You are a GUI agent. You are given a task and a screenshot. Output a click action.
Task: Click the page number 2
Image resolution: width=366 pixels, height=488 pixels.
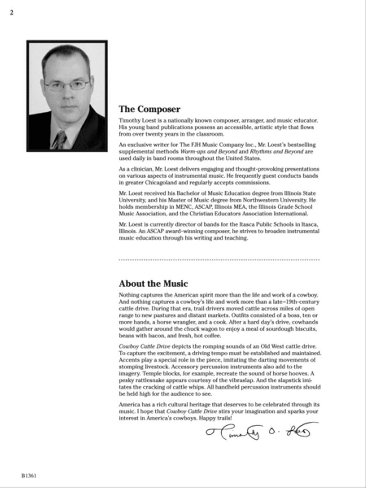point(11,13)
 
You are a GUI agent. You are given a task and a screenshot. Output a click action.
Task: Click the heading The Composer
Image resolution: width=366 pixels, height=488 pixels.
point(149,109)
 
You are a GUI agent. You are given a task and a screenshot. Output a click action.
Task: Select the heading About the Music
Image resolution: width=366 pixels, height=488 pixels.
point(153,283)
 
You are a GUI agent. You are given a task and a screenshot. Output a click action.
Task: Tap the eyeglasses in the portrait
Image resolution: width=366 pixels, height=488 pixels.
point(67,85)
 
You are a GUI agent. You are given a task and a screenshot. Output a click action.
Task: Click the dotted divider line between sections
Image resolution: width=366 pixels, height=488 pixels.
point(219,259)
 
